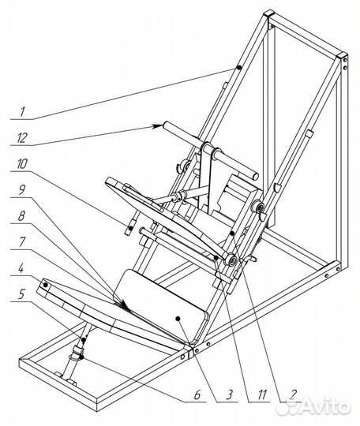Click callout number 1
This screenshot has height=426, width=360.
pos(23,111)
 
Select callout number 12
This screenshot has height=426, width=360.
pos(22,138)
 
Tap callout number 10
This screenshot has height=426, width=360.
pos(22,164)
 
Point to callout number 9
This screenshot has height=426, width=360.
pos(22,190)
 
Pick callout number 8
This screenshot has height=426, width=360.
pos(22,216)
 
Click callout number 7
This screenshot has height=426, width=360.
pos(22,241)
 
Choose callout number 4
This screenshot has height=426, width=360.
pos(22,269)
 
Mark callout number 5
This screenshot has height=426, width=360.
pos(22,294)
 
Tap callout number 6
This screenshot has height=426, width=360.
pos(197,394)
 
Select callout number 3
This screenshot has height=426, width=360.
pos(229,394)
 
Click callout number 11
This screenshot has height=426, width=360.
pos(261,394)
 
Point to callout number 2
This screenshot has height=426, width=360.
pos(293,394)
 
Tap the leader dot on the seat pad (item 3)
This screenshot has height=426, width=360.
pos(178,318)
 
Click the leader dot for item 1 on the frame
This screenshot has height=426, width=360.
pos(239,68)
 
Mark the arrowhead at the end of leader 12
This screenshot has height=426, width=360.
pos(158,126)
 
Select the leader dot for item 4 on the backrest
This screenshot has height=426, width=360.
pos(46,286)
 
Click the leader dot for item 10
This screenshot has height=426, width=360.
pos(131,228)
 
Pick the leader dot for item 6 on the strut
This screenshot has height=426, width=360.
pos(81,358)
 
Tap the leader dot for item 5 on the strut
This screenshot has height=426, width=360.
pos(84,340)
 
